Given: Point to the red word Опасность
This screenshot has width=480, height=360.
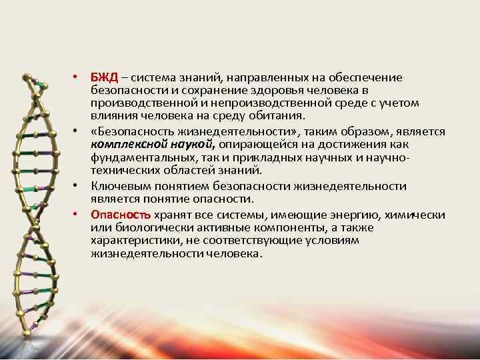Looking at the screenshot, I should pos(121,215).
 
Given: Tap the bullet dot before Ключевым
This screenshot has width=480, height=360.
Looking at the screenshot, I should pos(77,187).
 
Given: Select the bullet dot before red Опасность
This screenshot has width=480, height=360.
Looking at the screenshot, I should pos(77,215).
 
